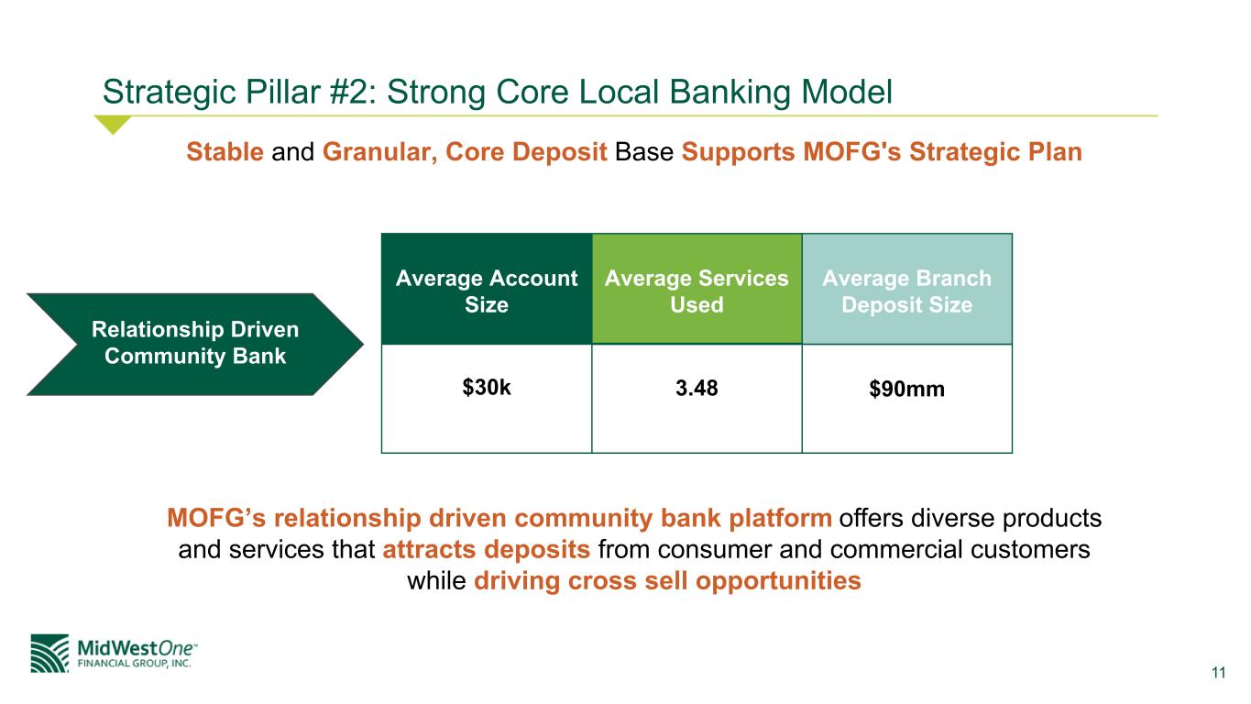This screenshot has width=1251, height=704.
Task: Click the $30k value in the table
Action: [x=486, y=387]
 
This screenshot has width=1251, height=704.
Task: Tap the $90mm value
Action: [x=906, y=389]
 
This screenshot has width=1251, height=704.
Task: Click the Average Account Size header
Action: [x=487, y=291]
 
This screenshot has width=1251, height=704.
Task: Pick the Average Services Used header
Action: [x=697, y=291]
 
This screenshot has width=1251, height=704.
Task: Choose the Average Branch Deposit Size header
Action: [x=906, y=291]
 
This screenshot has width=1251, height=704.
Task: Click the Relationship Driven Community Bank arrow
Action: [x=195, y=344]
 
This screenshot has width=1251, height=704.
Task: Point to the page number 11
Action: [x=1219, y=672]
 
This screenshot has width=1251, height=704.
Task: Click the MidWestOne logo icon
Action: [x=49, y=654]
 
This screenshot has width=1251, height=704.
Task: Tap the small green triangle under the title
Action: [x=113, y=125]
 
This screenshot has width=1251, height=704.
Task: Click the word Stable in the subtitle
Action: [x=225, y=152]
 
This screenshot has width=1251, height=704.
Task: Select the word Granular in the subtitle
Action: [x=379, y=152]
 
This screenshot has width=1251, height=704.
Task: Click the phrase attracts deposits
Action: [x=486, y=549]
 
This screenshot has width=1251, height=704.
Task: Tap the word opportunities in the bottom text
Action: [x=778, y=581]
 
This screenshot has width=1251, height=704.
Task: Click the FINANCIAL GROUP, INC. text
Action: [x=134, y=664]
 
